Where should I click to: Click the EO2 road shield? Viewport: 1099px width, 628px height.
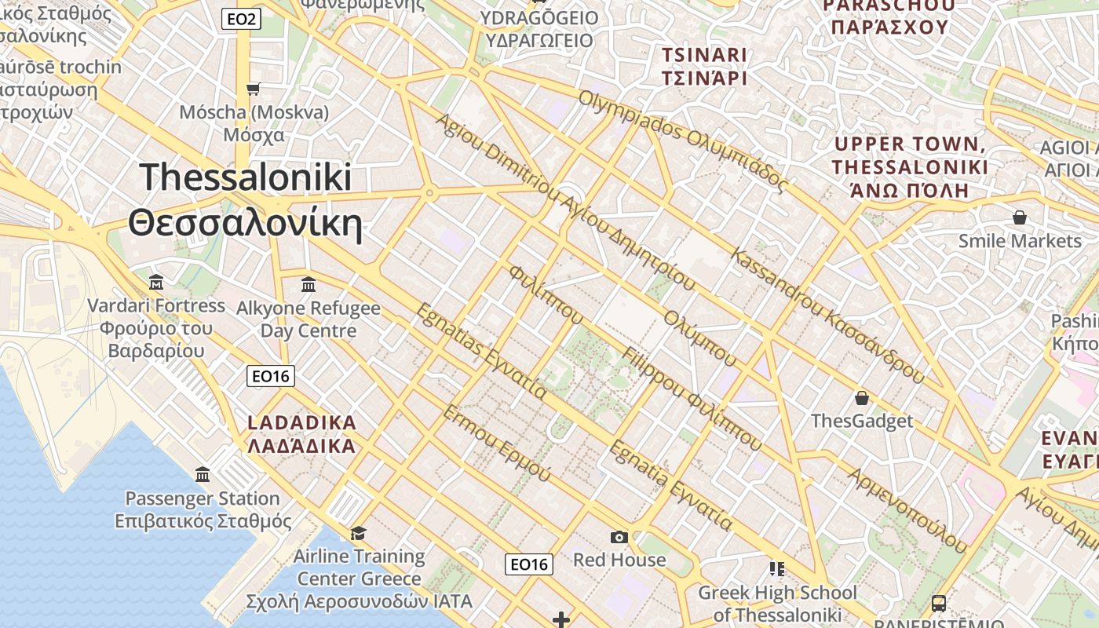pos(240,19)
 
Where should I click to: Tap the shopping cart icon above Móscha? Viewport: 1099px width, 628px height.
pos(253,89)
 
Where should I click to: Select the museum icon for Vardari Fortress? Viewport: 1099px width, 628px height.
pos(156,282)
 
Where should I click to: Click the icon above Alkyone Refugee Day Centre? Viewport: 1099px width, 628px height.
pos(309,284)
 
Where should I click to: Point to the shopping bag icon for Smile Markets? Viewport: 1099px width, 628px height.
pos(1020,217)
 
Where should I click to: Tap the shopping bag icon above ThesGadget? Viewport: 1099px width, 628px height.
pos(862,398)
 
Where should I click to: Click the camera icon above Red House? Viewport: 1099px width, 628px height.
pos(619,537)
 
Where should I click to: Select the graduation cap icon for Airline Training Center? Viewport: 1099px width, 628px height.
pos(358,534)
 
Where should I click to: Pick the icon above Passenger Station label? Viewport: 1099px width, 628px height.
pos(203,474)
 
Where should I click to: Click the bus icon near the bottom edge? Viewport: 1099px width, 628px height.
pos(939,604)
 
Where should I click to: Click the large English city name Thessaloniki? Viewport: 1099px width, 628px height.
pos(246,177)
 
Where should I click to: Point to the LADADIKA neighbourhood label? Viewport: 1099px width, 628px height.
pos(302,422)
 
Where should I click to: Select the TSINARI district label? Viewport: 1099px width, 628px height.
pos(704,55)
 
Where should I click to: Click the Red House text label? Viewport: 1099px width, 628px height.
pos(619,560)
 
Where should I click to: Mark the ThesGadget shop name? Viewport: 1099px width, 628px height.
pos(862,421)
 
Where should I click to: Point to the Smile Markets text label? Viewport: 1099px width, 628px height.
pos(1020,240)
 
